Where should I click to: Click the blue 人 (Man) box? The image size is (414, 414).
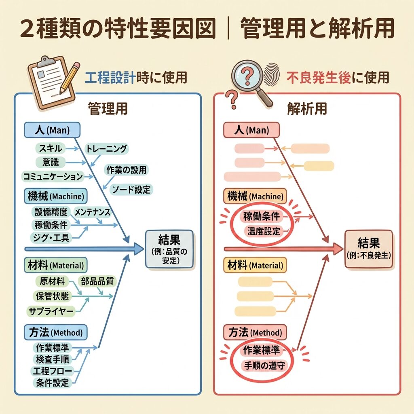(52, 130)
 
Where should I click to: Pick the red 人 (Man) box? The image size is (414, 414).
(251, 130)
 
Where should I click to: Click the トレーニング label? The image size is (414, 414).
(106, 149)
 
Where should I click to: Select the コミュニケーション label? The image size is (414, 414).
(53, 176)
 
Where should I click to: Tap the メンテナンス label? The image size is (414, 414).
(92, 211)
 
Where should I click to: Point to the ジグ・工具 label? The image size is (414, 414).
(52, 238)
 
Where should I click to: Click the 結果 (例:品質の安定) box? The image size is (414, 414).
(169, 249)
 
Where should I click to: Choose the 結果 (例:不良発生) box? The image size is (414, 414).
(368, 249)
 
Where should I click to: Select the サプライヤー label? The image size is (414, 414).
(51, 311)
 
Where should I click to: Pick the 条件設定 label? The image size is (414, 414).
(53, 382)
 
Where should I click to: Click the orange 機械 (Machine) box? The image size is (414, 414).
(255, 197)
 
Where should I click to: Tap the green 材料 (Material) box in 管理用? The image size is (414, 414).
(55, 265)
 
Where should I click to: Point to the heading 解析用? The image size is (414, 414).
(307, 108)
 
